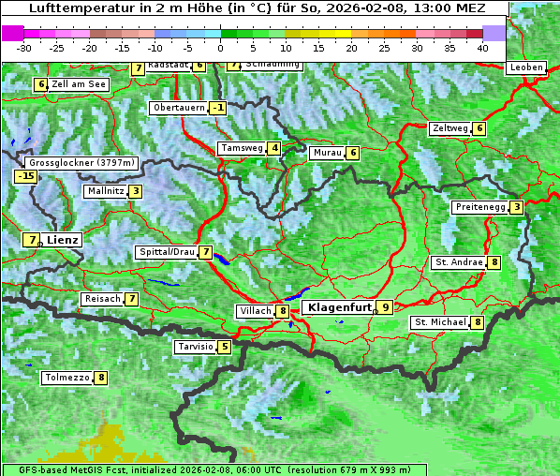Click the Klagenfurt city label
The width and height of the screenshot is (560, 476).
337,306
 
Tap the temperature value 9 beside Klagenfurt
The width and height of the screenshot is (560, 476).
384,306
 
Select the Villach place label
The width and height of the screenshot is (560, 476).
255,310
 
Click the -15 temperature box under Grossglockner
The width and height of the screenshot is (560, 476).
25,176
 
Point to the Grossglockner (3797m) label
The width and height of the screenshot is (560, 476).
83,162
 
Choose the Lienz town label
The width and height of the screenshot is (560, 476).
63,240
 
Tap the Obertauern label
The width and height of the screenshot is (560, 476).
179,108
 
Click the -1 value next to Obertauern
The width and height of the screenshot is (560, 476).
218,108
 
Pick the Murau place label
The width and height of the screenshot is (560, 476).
327,153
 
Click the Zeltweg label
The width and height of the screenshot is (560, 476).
450,128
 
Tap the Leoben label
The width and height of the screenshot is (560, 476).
525,67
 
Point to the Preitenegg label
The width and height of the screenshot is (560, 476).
480,207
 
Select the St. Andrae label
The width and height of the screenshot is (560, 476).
459,262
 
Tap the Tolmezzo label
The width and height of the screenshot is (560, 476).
67,378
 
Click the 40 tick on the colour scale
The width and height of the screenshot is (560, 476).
481,47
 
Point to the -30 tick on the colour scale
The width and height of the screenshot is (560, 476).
24,47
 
